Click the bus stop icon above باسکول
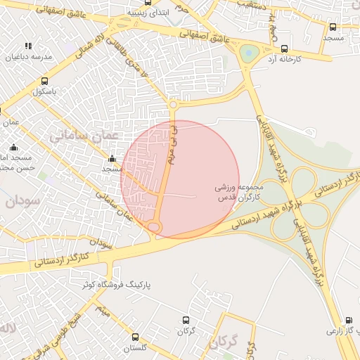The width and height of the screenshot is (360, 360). click(x=45, y=81)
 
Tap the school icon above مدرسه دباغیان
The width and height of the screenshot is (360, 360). click(x=28, y=46)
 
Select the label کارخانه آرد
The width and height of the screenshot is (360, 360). click(x=284, y=60)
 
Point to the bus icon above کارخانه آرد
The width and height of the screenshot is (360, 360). click(x=284, y=49)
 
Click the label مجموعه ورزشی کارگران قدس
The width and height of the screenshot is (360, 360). click(x=239, y=193)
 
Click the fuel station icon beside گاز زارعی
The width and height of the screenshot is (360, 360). click(x=349, y=319)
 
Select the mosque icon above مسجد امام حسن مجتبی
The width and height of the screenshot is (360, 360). click(x=13, y=147)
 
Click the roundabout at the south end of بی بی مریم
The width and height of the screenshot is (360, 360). click(x=154, y=226)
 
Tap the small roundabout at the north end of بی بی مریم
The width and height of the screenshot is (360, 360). click(x=173, y=105)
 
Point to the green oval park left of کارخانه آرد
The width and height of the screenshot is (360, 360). click(x=248, y=53)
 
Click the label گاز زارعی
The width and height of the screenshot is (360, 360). click(x=340, y=330)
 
